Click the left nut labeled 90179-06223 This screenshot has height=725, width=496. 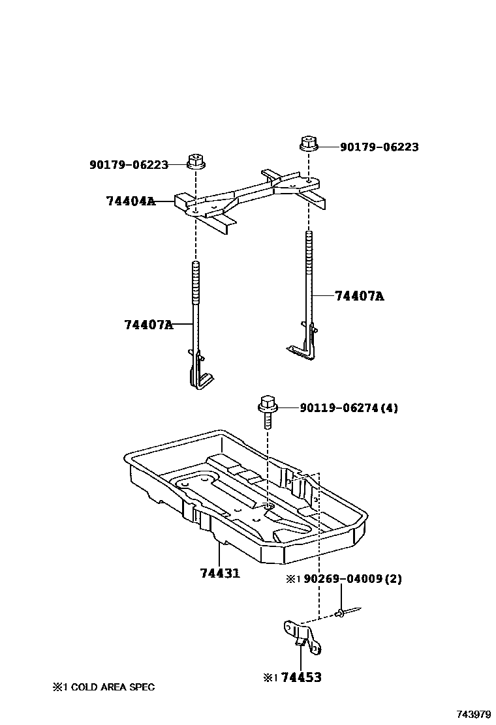pyautogui.click(x=195, y=161)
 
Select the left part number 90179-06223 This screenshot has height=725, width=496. pyautogui.click(x=129, y=165)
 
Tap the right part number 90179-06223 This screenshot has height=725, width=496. pyautogui.click(x=379, y=147)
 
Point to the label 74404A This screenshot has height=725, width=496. pyautogui.click(x=131, y=201)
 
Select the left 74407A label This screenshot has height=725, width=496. pyautogui.click(x=148, y=324)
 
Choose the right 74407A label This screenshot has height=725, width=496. pyautogui.click(x=359, y=296)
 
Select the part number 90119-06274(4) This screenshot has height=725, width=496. pyautogui.click(x=349, y=408)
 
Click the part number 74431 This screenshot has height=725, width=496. pyautogui.click(x=220, y=573)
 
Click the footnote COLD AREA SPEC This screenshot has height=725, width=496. pyautogui.click(x=104, y=687)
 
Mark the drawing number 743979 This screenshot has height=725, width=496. pyautogui.click(x=474, y=715)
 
